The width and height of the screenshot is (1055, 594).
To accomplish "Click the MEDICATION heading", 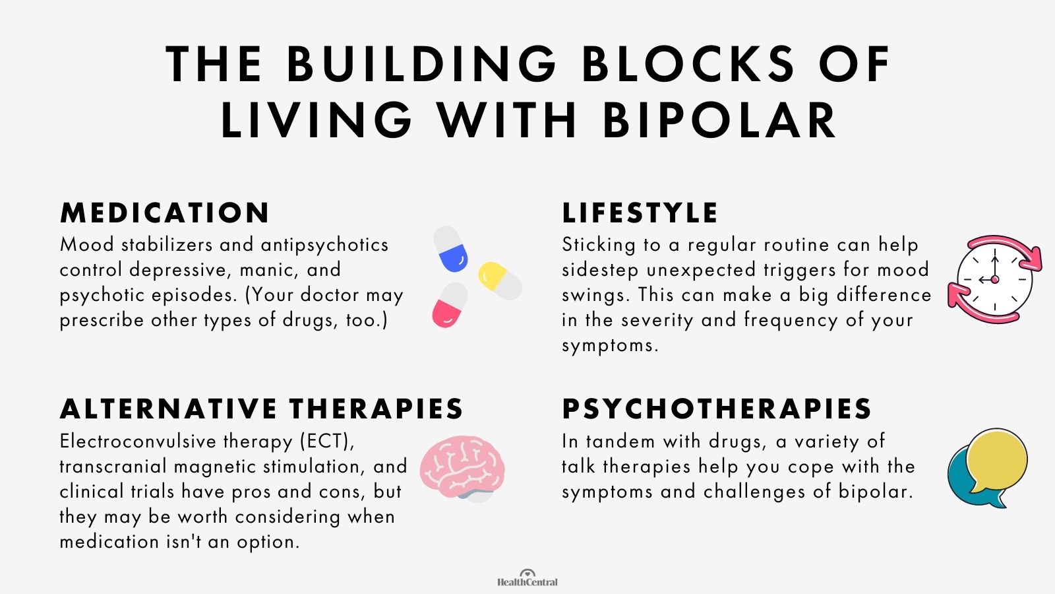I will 165,213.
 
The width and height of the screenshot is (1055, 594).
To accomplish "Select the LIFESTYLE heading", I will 640,213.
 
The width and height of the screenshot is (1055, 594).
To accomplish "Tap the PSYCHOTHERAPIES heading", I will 717,409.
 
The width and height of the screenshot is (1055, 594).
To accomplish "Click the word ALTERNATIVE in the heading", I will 169,409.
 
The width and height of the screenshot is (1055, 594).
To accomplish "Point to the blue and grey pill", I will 451,249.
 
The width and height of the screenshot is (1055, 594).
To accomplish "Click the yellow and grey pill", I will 500,280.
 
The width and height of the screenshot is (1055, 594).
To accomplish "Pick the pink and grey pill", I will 450,306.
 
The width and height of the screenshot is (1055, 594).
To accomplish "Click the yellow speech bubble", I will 996,461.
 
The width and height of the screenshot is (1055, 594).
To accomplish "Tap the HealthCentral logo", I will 527,578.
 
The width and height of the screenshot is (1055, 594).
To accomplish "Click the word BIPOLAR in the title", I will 719,121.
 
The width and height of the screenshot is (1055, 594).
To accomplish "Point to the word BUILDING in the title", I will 423,65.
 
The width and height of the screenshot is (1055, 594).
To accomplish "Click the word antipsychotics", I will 324,245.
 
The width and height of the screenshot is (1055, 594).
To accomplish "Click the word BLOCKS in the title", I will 688,65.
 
